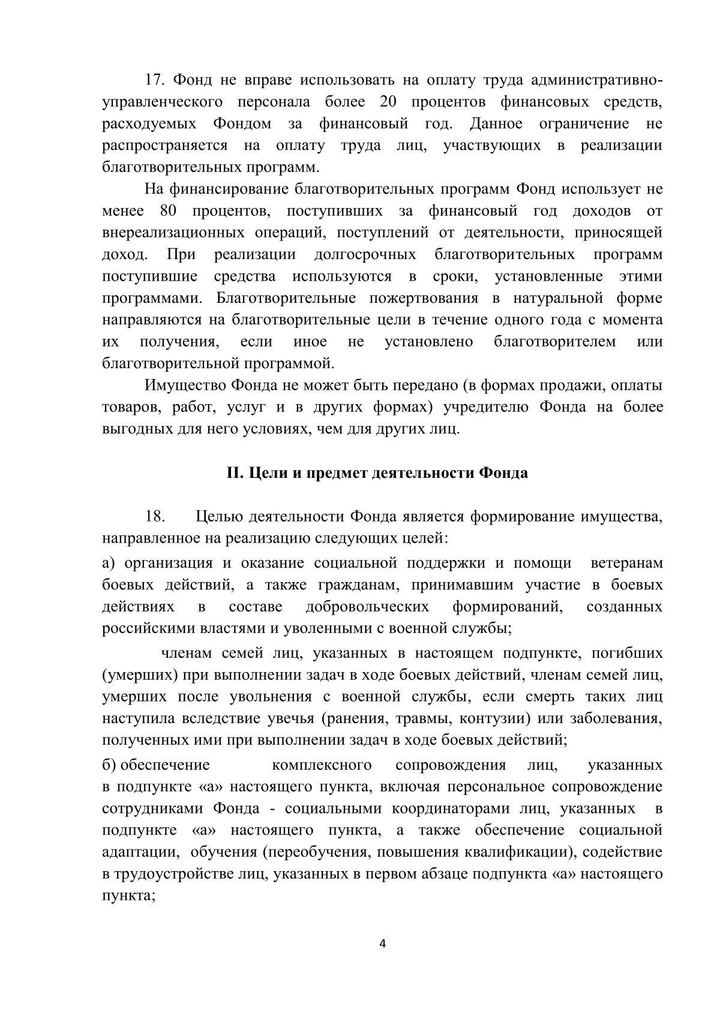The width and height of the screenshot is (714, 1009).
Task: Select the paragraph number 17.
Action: pos(154,80)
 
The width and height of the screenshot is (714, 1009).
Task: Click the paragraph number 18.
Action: pos(155,516)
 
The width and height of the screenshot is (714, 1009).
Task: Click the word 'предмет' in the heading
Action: pos(337,473)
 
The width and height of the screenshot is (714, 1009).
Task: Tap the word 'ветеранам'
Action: pos(627,563)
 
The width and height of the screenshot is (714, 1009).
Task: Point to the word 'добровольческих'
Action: pos(367,607)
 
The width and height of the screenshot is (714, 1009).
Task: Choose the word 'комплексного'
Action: pos(322,765)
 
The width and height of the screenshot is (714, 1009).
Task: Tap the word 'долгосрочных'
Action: pos(365,255)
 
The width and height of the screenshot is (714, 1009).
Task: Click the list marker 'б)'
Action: pos(110,765)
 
